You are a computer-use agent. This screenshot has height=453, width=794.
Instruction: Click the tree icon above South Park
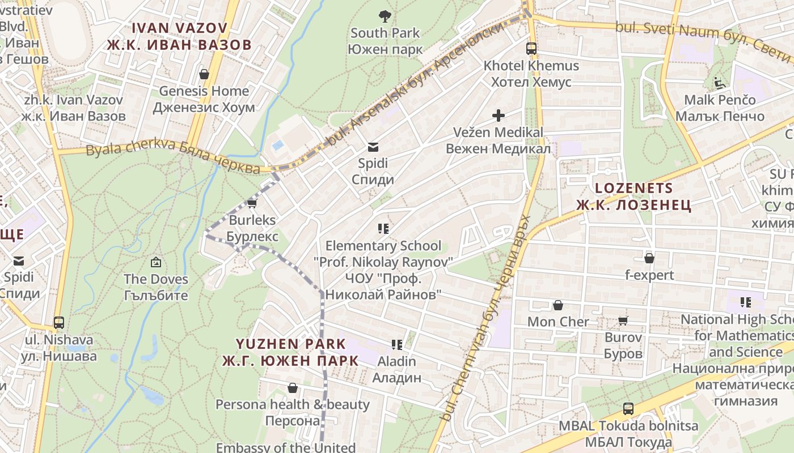pyautogui.click(x=385, y=16)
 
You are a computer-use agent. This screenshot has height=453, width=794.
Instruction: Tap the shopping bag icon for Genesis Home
pyautogui.click(x=204, y=74)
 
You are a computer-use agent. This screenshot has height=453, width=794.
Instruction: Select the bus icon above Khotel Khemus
pyautogui.click(x=531, y=49)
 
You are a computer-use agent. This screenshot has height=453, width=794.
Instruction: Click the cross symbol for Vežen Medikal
pyautogui.click(x=499, y=116)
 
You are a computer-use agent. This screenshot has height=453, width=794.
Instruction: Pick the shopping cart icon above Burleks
pyautogui.click(x=252, y=204)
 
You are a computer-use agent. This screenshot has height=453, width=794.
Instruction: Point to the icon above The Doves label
pyautogui.click(x=156, y=262)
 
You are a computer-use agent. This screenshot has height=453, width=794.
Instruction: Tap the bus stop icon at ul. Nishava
pyautogui.click(x=59, y=323)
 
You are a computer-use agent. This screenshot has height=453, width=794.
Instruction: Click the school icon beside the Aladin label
pyautogui.click(x=397, y=344)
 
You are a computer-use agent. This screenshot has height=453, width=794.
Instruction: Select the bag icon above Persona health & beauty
pyautogui.click(x=293, y=388)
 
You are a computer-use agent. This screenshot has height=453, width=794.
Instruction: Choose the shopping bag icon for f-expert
pyautogui.click(x=649, y=259)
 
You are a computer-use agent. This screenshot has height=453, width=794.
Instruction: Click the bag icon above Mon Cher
pyautogui.click(x=558, y=306)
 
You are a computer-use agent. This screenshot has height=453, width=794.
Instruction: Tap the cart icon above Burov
pyautogui.click(x=623, y=321)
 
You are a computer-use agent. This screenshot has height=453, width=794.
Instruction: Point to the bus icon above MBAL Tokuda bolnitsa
pyautogui.click(x=628, y=409)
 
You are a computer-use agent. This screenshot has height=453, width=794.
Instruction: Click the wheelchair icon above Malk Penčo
pyautogui.click(x=720, y=83)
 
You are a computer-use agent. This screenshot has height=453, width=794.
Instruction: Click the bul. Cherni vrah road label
pyautogui.click(x=488, y=317)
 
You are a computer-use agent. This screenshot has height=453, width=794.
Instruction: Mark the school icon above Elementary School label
pyautogui.click(x=383, y=229)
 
